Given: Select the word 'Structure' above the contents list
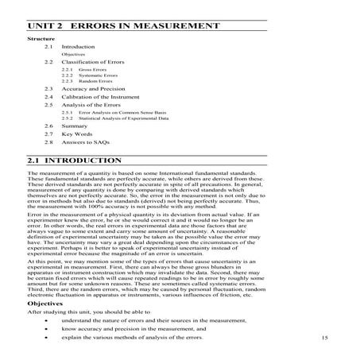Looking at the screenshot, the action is pyautogui.click(x=42, y=39).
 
